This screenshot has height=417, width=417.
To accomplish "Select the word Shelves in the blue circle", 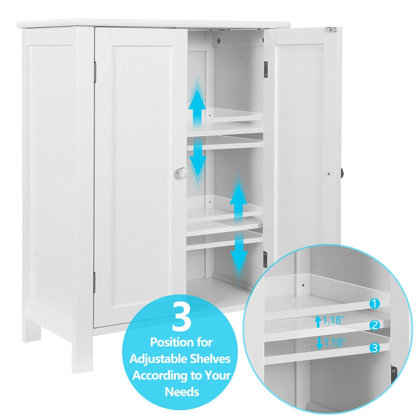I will (210, 359).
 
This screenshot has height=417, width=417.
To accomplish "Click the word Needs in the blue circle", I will (182, 392).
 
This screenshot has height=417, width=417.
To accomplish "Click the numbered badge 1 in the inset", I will (375, 304).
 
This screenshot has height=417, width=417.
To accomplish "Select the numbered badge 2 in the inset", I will (375, 325).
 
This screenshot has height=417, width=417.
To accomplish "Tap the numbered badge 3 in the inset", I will (375, 348).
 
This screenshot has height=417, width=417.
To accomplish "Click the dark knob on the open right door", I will (342, 173).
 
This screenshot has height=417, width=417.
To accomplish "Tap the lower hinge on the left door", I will (94, 283).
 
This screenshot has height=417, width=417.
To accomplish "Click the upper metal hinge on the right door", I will (266, 70).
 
